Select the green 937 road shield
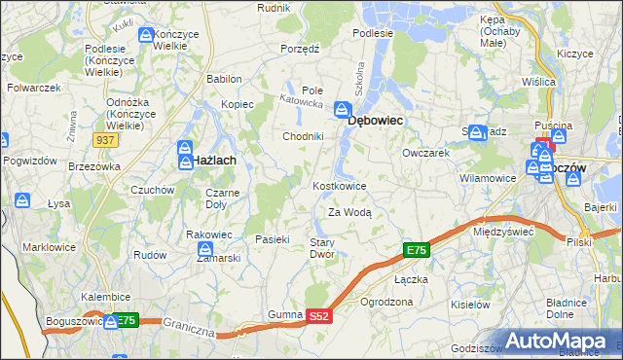[106, 140]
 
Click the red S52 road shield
[319, 316]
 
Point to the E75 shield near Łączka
[416, 251]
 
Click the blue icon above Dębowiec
[343, 109]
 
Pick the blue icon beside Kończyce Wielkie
[146, 36]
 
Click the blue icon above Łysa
[22, 201]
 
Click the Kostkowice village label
[339, 185]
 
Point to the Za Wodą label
[349, 211]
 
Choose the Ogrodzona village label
[386, 302]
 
